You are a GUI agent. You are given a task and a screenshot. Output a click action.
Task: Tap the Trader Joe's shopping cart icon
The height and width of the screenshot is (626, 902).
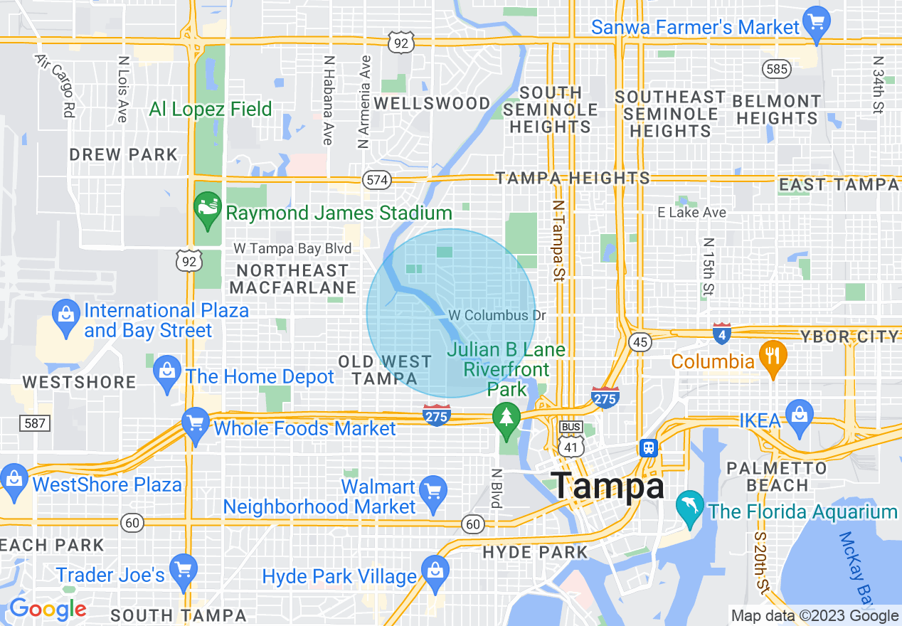(x=183, y=571)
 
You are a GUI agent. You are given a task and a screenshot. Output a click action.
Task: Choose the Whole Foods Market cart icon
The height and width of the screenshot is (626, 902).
(x=195, y=423)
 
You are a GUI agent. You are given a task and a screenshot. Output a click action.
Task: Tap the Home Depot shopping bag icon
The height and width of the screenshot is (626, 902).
(x=168, y=372)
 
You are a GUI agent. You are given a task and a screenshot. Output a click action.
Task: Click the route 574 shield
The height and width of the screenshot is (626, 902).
(x=377, y=180)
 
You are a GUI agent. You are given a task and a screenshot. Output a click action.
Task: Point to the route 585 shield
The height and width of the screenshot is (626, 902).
(x=776, y=69)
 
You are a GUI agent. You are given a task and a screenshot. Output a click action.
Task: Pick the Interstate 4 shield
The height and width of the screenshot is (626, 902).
(x=722, y=332)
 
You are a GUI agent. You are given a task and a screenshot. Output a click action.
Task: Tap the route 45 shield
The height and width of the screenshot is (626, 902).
(x=640, y=342)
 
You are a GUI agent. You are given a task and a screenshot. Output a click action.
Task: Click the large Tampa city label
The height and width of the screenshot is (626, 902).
(x=609, y=487)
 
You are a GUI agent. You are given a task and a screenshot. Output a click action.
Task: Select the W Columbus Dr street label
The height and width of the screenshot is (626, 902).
(x=492, y=315)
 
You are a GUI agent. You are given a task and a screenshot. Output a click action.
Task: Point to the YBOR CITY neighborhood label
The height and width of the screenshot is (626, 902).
(x=850, y=336)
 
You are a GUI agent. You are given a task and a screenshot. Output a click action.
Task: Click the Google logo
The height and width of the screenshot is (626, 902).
(x=48, y=609)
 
